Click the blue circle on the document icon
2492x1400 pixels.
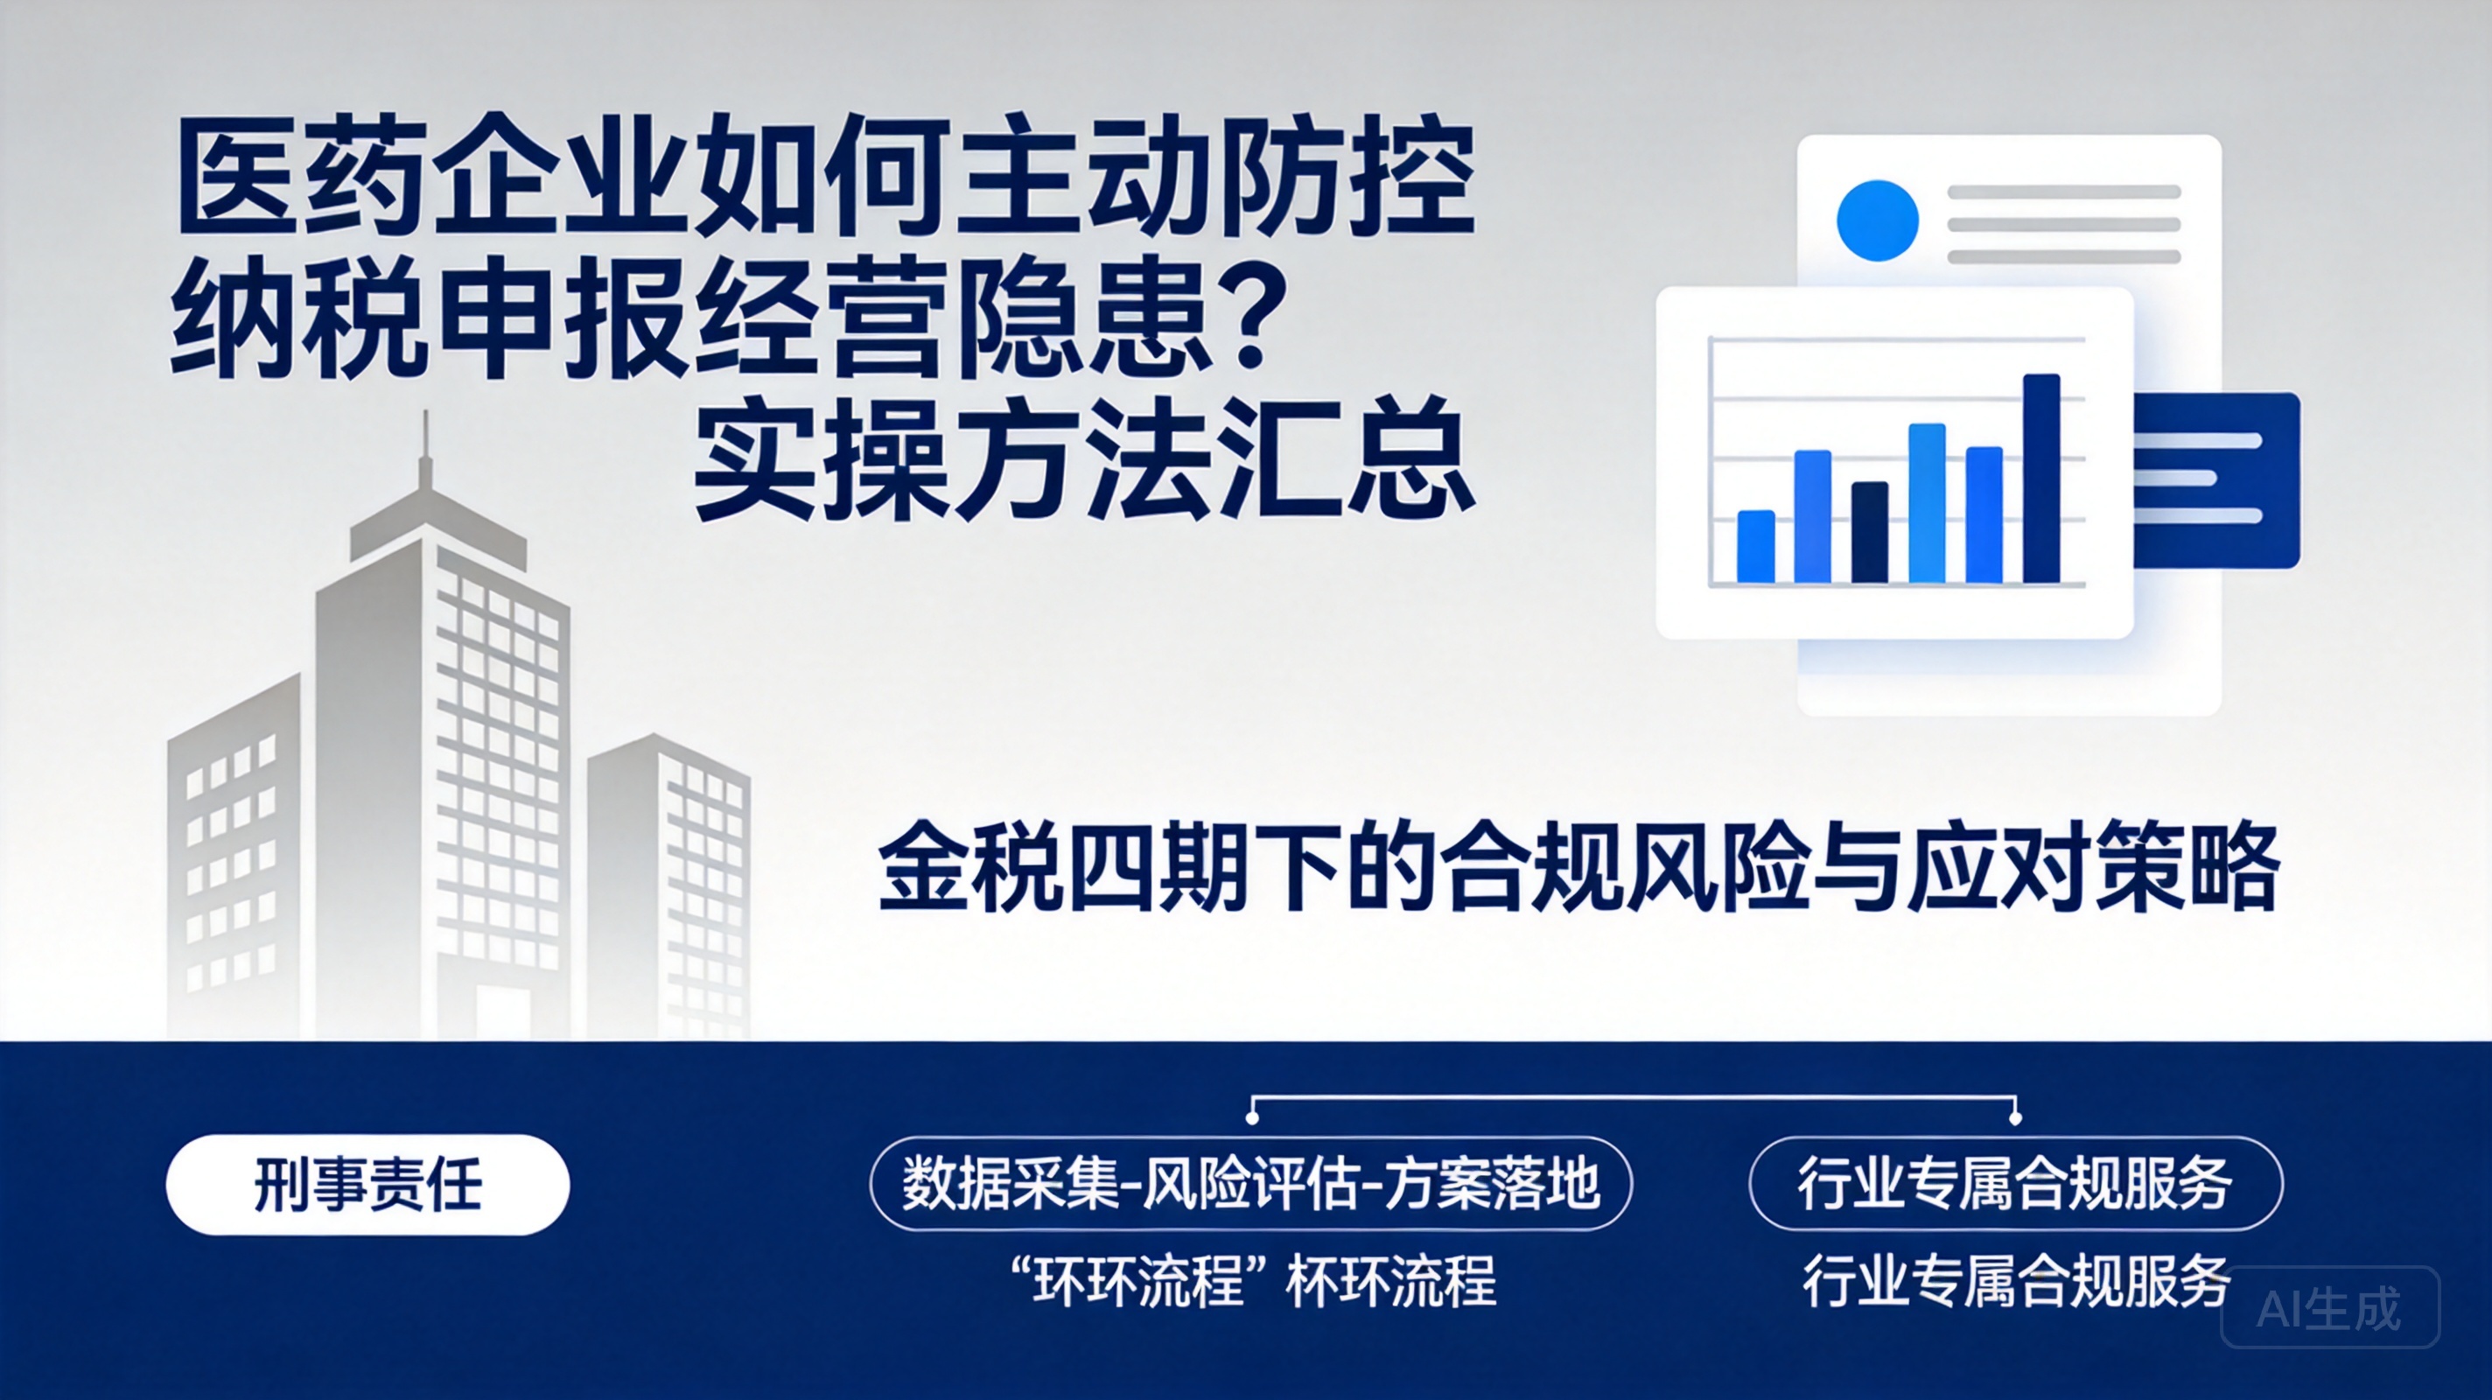pyautogui.click(x=1877, y=220)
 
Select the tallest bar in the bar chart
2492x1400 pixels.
pyautogui.click(x=2041, y=478)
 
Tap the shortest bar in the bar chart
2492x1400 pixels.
pyautogui.click(x=1756, y=547)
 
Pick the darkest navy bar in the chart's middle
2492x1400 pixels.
pyautogui.click(x=1869, y=532)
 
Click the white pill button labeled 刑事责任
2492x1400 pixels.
pyautogui.click(x=367, y=1184)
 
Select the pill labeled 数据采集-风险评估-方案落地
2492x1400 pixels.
pyautogui.click(x=1251, y=1183)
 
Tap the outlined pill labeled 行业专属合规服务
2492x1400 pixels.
pyautogui.click(x=2016, y=1183)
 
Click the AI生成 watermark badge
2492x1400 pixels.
pyautogui.click(x=2329, y=1307)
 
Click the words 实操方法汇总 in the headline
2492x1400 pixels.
pyautogui.click(x=1084, y=458)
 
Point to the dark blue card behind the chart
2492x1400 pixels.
pyautogui.click(x=2215, y=479)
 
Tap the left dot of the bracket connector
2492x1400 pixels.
pyautogui.click(x=1252, y=1117)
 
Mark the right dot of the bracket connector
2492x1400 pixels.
pyautogui.click(x=2015, y=1117)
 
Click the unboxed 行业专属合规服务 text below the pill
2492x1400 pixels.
pyautogui.click(x=2016, y=1281)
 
